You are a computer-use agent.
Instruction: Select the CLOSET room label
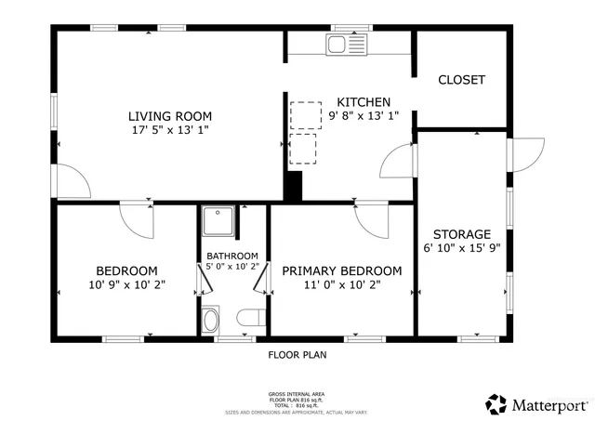461,80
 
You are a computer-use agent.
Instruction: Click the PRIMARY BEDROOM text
342,270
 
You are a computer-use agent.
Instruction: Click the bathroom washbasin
211,321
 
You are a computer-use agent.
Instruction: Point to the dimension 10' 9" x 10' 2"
128,284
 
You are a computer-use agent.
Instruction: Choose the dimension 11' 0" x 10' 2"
342,284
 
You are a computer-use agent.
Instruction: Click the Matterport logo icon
496,404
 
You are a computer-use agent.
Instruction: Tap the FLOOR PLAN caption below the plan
297,354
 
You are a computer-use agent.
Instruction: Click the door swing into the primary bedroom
369,218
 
